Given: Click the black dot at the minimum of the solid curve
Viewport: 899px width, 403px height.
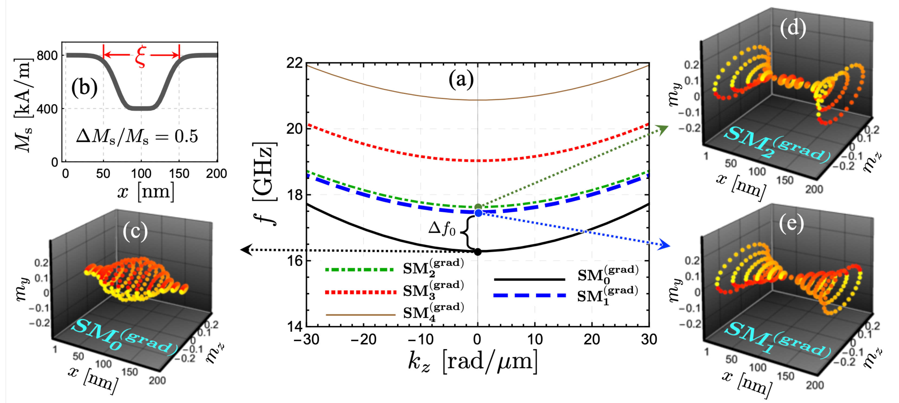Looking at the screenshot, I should (x=478, y=251).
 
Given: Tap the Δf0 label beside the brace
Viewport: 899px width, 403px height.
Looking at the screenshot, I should (x=442, y=229).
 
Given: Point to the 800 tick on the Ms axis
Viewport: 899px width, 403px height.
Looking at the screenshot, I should (x=47, y=56).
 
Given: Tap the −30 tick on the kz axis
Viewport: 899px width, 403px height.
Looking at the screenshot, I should (x=306, y=339).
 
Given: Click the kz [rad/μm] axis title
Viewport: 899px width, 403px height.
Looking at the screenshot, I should (x=473, y=362).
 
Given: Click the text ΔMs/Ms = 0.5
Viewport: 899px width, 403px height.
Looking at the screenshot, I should (x=137, y=136).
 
